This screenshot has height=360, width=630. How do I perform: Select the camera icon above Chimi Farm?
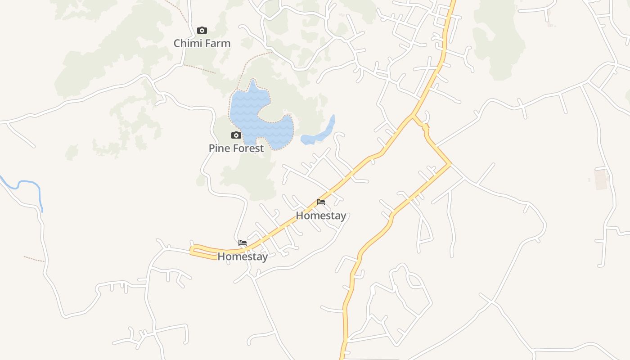click(x=202, y=31)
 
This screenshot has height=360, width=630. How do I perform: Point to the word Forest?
click(x=248, y=148)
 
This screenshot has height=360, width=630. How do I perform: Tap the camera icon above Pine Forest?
click(x=236, y=135)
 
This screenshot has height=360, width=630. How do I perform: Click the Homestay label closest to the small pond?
click(x=321, y=216)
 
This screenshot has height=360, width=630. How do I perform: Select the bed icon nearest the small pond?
click(x=321, y=202)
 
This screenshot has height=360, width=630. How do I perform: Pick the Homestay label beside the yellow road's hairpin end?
click(x=243, y=256)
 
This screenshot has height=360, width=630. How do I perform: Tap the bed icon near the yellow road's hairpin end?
click(x=243, y=243)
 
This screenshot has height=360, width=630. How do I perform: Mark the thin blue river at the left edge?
click(x=27, y=183)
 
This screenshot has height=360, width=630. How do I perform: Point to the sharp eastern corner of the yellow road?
click(x=449, y=164)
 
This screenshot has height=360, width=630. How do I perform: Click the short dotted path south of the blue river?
click(x=34, y=259)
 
